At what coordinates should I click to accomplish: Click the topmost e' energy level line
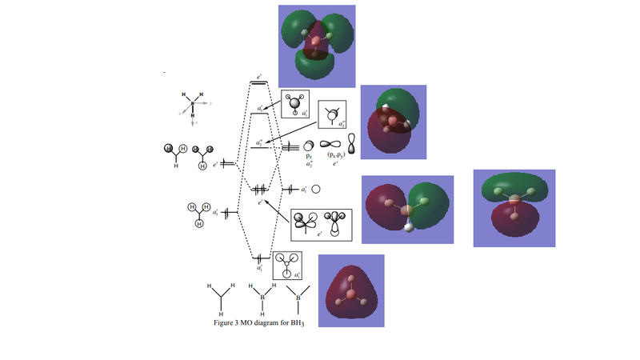(x=260, y=83)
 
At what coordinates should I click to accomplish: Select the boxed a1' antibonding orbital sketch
(x=295, y=105)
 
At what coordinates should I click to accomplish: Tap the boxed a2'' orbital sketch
(x=332, y=117)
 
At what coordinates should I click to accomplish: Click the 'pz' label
(x=308, y=155)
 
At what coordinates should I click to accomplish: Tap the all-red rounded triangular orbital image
(x=351, y=290)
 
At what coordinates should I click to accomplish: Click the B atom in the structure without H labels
(x=299, y=299)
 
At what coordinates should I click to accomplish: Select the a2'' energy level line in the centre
(x=260, y=147)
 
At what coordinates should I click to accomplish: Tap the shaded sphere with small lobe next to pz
(x=308, y=145)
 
